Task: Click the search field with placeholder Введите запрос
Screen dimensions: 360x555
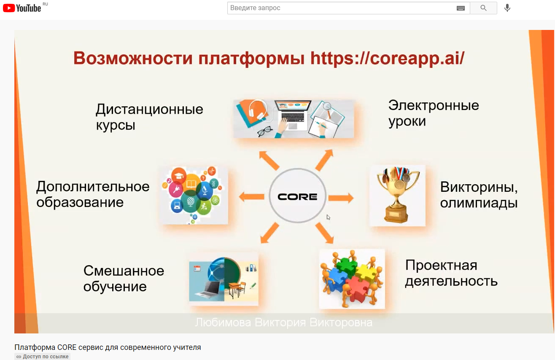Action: [342, 8]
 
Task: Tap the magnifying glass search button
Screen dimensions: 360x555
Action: [483, 8]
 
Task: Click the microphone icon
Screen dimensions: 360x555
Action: [507, 8]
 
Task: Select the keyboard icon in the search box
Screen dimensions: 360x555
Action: [461, 8]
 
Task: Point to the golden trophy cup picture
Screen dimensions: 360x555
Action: [397, 196]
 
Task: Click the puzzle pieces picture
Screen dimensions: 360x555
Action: [352, 279]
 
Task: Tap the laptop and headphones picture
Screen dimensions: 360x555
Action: [294, 118]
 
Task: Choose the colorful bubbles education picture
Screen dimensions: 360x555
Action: [194, 195]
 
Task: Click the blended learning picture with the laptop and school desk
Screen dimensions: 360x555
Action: [224, 279]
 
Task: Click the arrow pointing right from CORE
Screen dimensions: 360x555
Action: [341, 197]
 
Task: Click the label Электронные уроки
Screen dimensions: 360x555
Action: [433, 113]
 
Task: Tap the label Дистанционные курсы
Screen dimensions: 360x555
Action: [149, 117]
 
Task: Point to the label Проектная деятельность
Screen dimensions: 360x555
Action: [451, 273]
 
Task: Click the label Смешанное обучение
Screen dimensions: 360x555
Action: [124, 278]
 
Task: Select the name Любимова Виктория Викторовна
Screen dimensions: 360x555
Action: [283, 323]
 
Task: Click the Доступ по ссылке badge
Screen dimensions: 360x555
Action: [42, 357]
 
